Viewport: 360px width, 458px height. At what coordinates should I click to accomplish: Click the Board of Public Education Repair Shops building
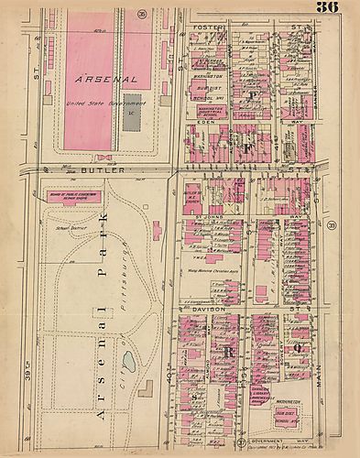tap(68, 194)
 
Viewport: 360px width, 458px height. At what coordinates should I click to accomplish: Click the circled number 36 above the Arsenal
tap(168, 15)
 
